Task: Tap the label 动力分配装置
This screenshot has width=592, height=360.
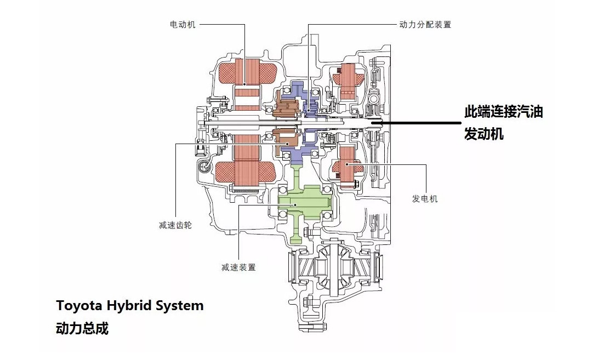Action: pyautogui.click(x=425, y=25)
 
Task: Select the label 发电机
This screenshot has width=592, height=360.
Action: pyautogui.click(x=425, y=198)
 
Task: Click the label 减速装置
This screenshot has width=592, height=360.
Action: pyautogui.click(x=238, y=267)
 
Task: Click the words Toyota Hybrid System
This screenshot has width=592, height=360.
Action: pyautogui.click(x=130, y=305)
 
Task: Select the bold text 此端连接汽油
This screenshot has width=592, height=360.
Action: pyautogui.click(x=503, y=112)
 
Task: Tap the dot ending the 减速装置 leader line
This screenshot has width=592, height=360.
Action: pyautogui.click(x=295, y=204)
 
